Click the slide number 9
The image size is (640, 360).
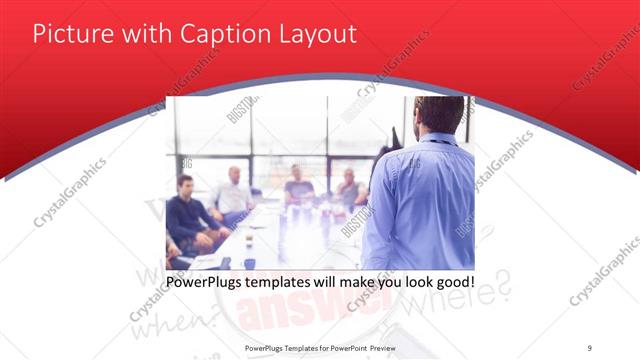click(590, 347)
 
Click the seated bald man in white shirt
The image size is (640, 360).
click(233, 195)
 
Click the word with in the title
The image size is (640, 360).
click(147, 34)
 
